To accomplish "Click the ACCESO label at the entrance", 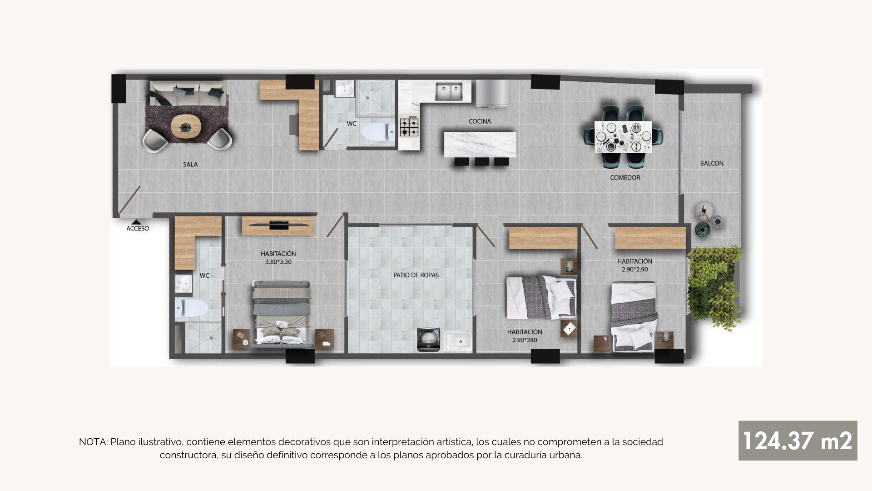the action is pyautogui.click(x=138, y=229).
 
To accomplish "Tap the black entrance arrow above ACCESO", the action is pyautogui.click(x=136, y=222).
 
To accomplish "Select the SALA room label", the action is pyautogui.click(x=190, y=165).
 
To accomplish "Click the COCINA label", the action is pyautogui.click(x=480, y=121).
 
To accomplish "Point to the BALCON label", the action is pyautogui.click(x=712, y=163).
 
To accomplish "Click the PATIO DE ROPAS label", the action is pyautogui.click(x=416, y=275).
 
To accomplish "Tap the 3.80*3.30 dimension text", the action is pyautogui.click(x=278, y=262).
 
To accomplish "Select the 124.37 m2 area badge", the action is pyautogui.click(x=798, y=441).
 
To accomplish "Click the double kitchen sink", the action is pyautogui.click(x=449, y=91).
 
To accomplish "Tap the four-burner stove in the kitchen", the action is pyautogui.click(x=410, y=126).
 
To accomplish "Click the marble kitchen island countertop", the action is pyautogui.click(x=480, y=145).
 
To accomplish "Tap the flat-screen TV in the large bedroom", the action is pyautogui.click(x=279, y=224).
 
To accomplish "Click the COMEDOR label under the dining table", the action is pyautogui.click(x=625, y=178).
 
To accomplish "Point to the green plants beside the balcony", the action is pyautogui.click(x=714, y=286).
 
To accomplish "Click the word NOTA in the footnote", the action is pyautogui.click(x=93, y=442).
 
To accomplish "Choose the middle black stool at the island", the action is pyautogui.click(x=482, y=161).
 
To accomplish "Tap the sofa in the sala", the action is pyautogui.click(x=187, y=93).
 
